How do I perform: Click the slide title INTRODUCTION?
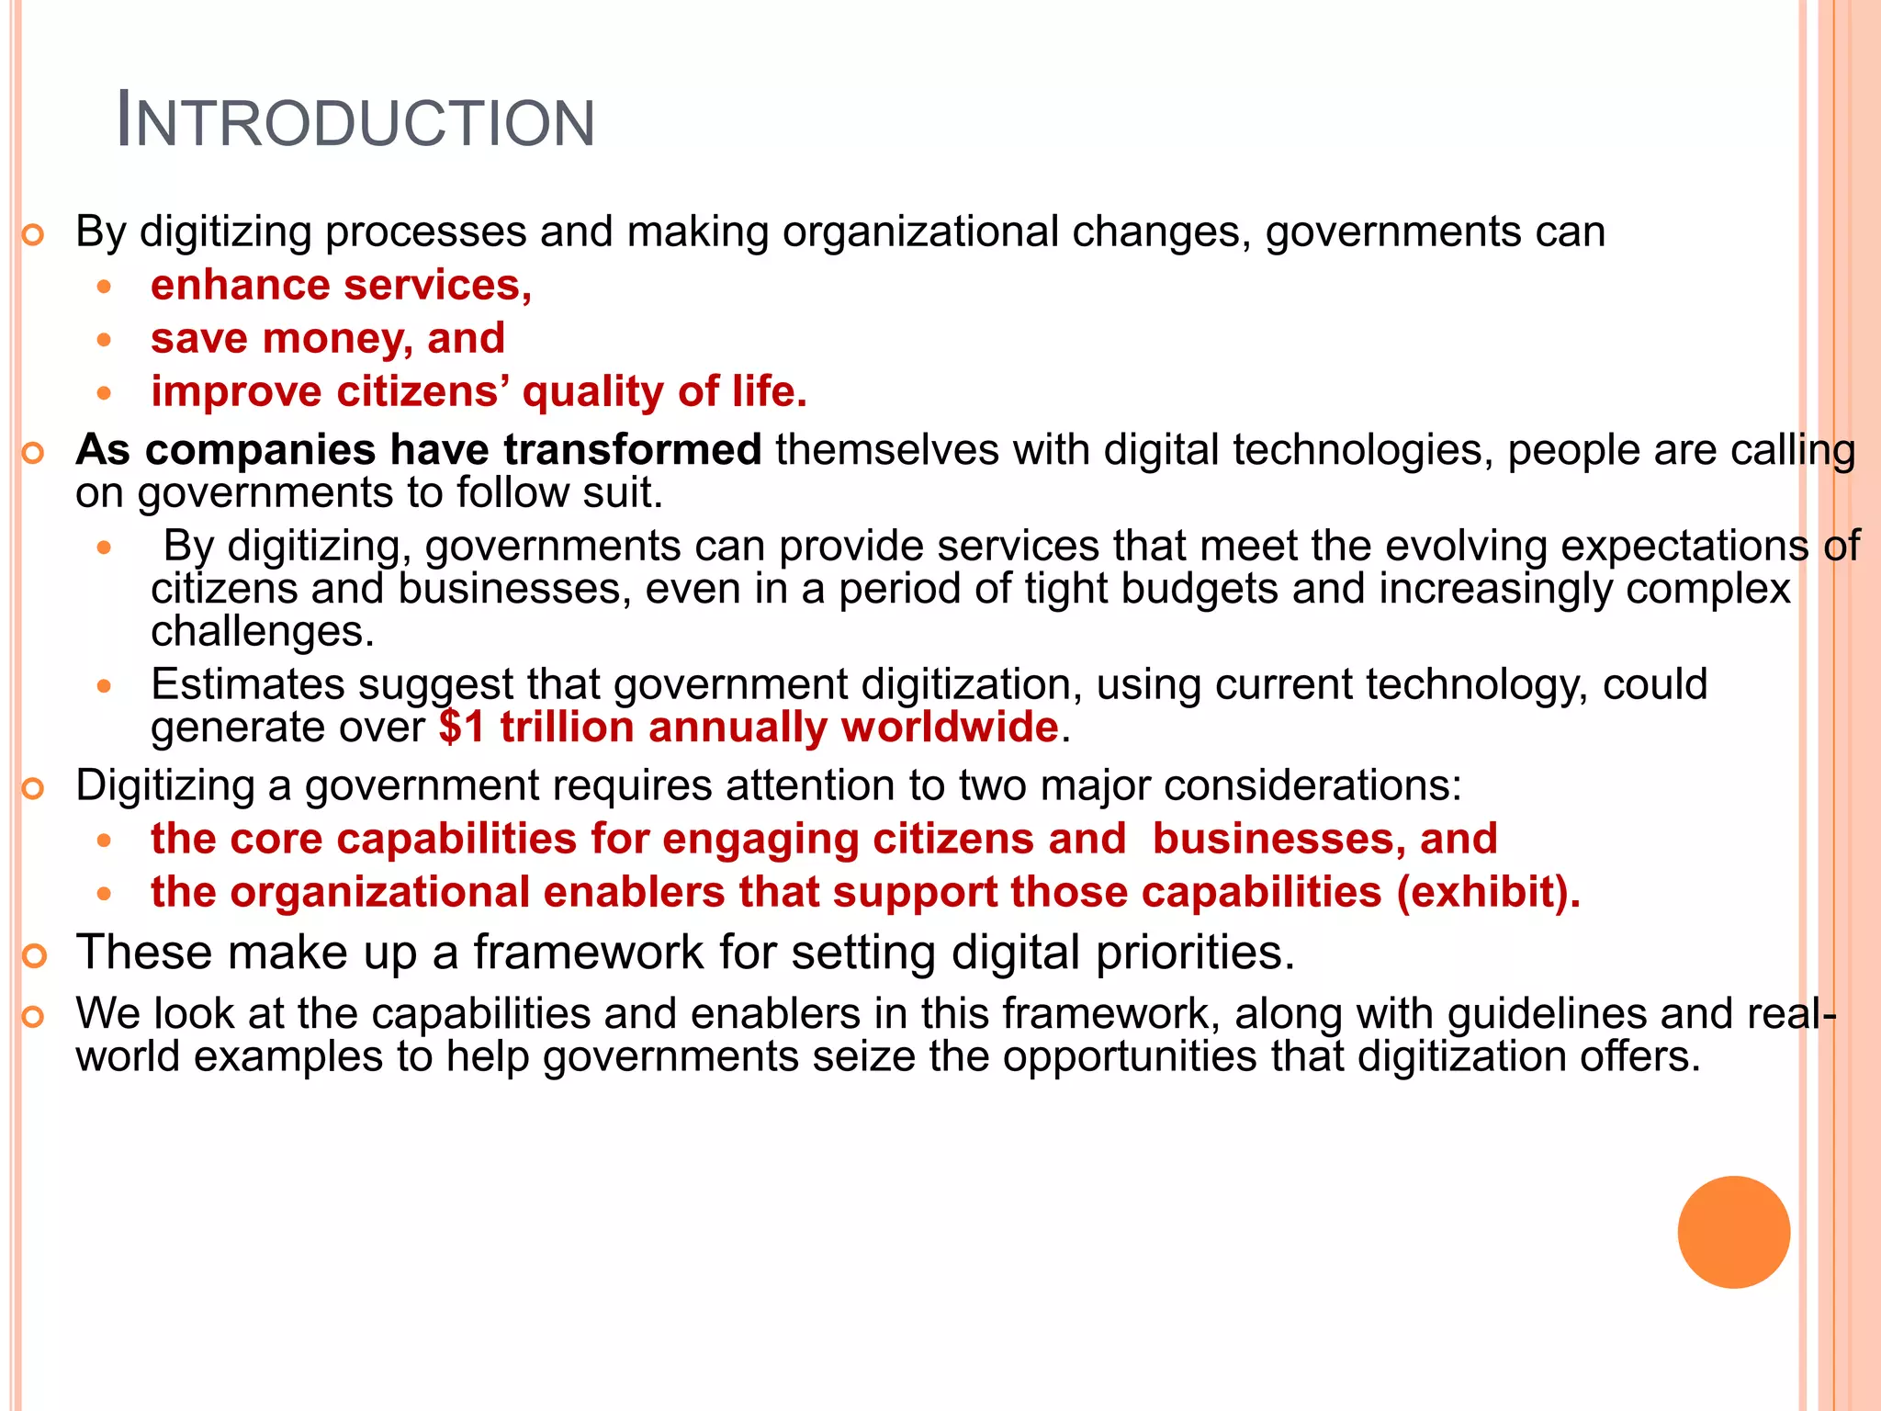pos(356,122)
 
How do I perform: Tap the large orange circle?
pos(1733,1232)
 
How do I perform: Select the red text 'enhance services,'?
pos(341,286)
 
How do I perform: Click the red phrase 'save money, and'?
pos(328,339)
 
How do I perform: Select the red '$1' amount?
pos(461,728)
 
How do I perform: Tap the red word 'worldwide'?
pos(950,728)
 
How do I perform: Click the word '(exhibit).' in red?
pos(1489,892)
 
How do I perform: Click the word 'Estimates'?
pos(247,685)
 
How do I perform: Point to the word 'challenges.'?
pos(263,632)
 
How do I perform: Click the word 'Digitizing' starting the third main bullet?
pos(165,786)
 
